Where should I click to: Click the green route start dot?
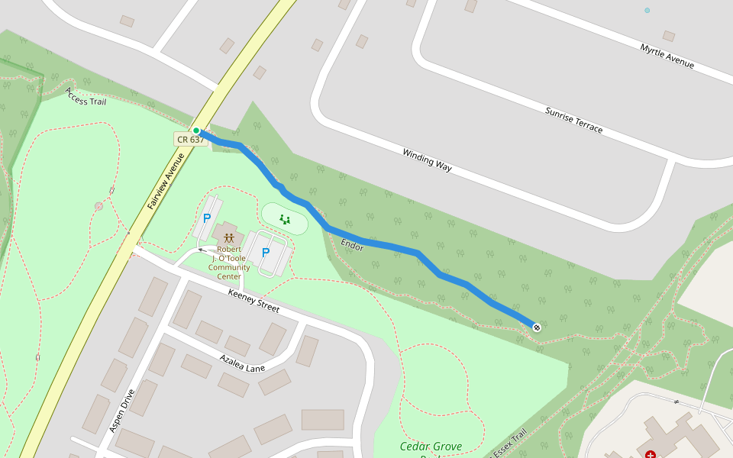click(196, 131)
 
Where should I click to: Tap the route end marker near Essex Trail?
click(537, 327)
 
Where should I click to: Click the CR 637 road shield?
click(190, 140)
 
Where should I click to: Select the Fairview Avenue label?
click(166, 182)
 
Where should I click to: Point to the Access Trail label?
click(86, 96)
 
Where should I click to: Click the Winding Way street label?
click(428, 158)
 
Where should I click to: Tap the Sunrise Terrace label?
click(573, 120)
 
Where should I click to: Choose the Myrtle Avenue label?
click(667, 56)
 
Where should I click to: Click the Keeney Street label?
click(253, 301)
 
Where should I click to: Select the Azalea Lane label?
click(242, 363)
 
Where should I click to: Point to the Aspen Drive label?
click(121, 411)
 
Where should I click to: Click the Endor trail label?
click(352, 245)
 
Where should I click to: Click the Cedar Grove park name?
click(431, 447)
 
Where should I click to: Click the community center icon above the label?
click(228, 238)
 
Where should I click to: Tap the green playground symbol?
click(285, 220)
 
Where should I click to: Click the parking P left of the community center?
click(206, 219)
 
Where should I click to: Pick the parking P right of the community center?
click(266, 253)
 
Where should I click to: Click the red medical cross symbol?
click(651, 454)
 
